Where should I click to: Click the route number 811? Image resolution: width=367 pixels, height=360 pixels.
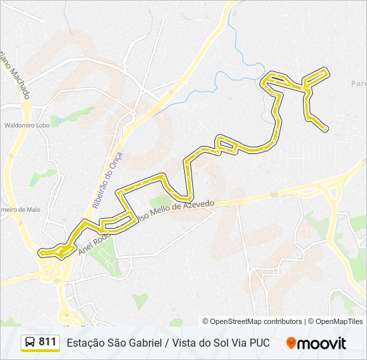click(x=47, y=342)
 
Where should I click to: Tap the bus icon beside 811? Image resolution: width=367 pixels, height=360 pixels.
click(x=30, y=343)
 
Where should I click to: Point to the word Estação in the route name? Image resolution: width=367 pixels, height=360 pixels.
click(x=84, y=343)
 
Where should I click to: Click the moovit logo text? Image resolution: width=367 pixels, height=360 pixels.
click(x=322, y=343)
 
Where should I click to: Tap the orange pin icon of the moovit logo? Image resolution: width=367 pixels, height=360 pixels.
click(x=291, y=343)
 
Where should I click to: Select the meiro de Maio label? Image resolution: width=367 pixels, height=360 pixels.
click(x=20, y=209)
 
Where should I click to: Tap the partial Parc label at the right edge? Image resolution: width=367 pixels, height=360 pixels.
click(x=358, y=84)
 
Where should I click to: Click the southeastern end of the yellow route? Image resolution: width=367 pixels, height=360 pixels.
click(x=326, y=128)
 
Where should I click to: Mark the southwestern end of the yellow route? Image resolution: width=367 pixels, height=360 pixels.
click(x=41, y=253)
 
